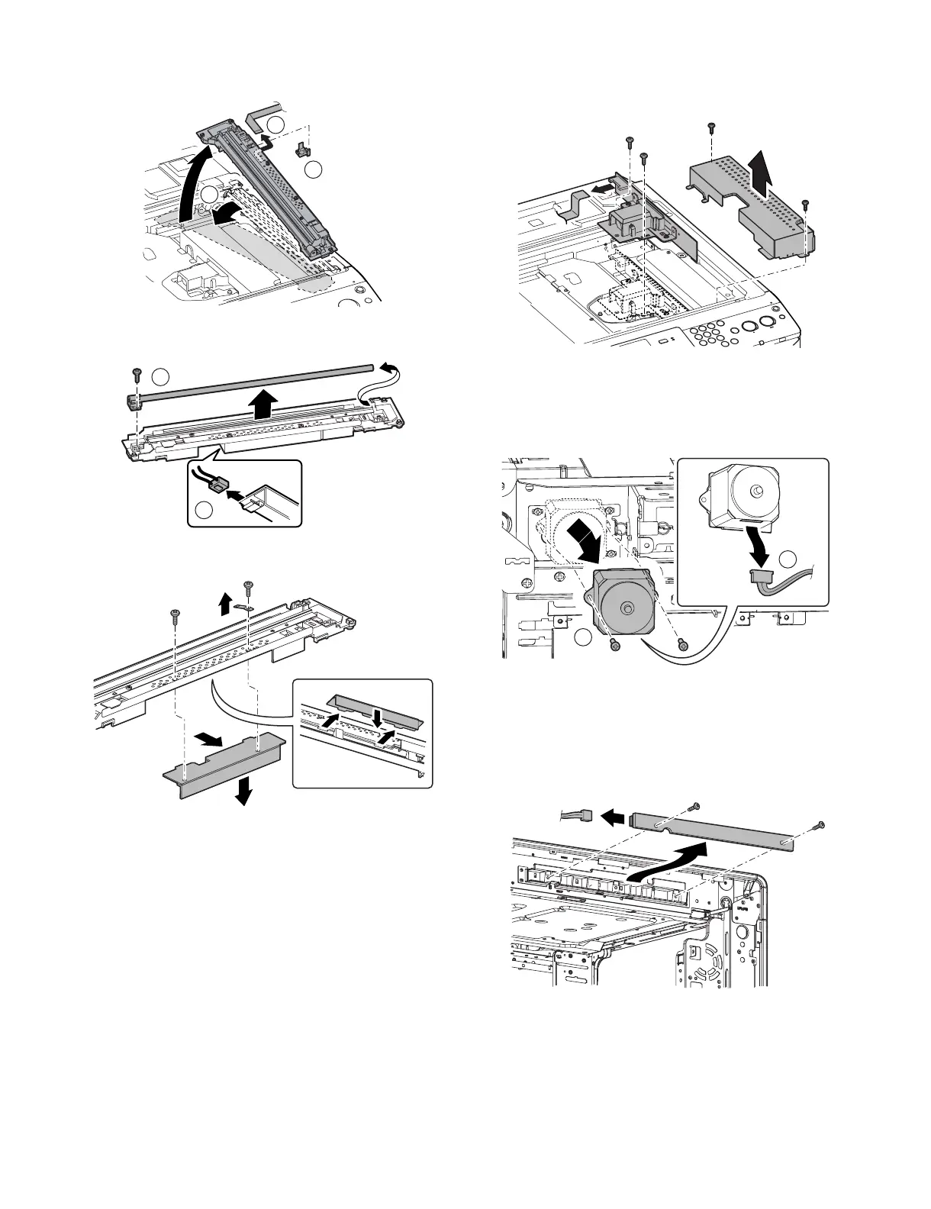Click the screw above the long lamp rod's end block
pos(136,372)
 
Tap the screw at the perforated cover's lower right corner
pos(806,203)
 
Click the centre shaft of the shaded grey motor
pos(626,608)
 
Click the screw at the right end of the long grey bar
pos(820,824)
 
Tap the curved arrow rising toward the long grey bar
pos(672,862)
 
